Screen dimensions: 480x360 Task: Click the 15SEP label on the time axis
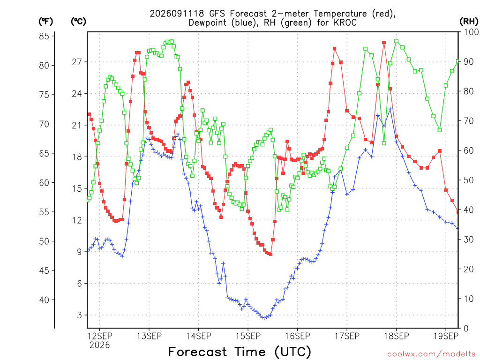pos(248,336)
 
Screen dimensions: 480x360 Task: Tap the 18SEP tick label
pos(397,336)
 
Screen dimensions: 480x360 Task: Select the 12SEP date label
pos(100,336)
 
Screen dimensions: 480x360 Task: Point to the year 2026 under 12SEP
pos(99,345)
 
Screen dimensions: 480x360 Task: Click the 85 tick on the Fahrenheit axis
pos(44,36)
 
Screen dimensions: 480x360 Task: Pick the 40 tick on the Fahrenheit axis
pos(44,300)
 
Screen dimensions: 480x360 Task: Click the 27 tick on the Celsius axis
pos(77,62)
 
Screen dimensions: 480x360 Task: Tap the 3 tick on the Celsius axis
pos(80,315)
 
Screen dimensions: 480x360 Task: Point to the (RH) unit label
pos(469,21)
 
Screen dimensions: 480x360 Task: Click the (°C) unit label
pos(78,21)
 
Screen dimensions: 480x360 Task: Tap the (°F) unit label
pos(45,21)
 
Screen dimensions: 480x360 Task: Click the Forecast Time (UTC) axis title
pos(240,352)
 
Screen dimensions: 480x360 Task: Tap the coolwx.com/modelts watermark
pos(431,354)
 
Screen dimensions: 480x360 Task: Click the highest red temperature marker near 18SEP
pos(384,43)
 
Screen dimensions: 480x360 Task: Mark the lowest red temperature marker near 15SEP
pos(270,254)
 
